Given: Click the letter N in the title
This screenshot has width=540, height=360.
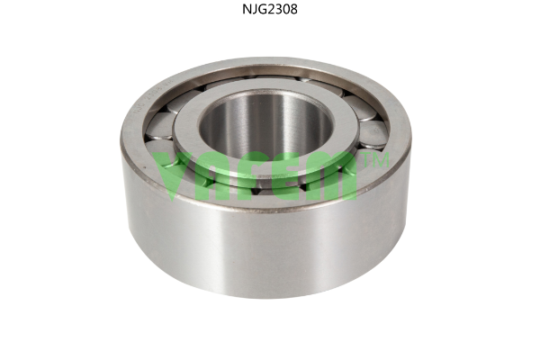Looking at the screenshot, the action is click(247, 9).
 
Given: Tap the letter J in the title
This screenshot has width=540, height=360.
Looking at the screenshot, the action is click(253, 9).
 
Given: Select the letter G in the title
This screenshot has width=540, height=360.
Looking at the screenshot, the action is click(261, 9).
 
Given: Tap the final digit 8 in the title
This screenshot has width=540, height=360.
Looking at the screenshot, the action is click(293, 9).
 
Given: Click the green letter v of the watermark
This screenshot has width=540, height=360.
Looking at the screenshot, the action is click(173, 176).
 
